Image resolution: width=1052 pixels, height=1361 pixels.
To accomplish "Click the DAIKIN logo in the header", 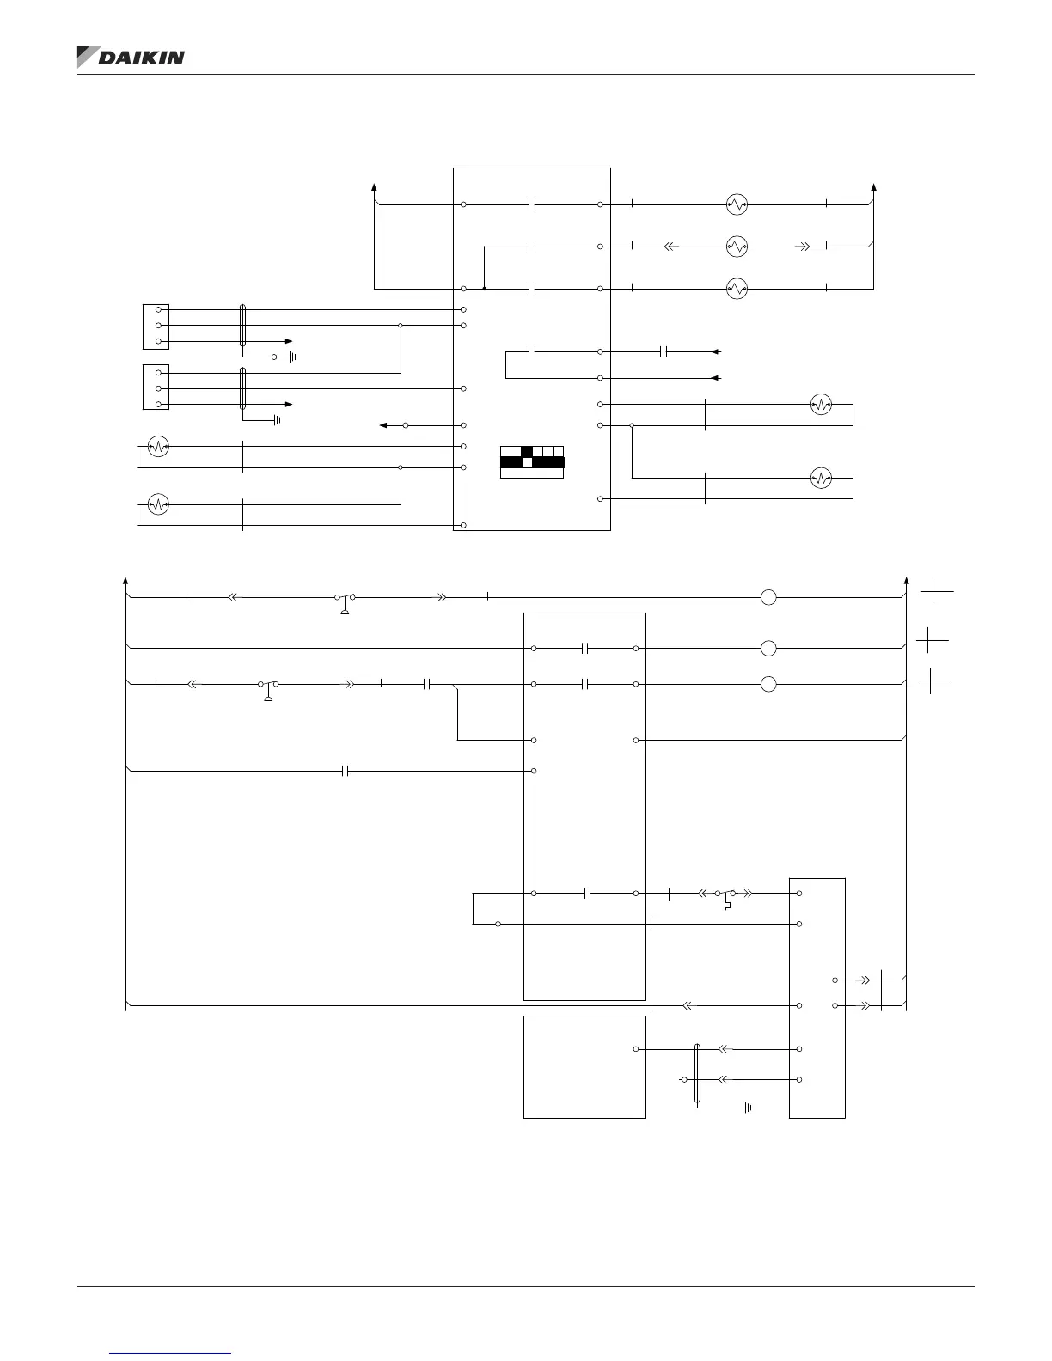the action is pos(131,57).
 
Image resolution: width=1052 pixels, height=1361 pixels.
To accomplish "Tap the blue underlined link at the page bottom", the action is pos(171,1353).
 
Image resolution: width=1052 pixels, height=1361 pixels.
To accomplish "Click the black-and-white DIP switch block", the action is pos(532,462).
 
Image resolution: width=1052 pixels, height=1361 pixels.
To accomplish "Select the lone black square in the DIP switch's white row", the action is pos(528,451).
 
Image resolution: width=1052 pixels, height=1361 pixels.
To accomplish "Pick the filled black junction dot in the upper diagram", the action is pos(485,289).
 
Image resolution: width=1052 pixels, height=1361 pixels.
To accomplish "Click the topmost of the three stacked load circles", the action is pos(737,204).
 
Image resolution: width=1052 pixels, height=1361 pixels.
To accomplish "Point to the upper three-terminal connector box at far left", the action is pos(156,326).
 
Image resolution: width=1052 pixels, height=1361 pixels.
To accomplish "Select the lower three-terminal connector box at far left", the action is pos(156,388).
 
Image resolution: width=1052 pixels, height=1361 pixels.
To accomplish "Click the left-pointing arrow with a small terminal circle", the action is pos(394,425).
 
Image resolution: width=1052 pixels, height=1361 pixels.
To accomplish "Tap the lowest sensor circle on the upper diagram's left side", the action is pos(158,504).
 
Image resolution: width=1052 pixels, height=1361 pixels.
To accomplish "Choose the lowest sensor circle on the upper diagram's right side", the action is pos(822,479).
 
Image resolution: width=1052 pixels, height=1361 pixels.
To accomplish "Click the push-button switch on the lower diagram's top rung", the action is pos(345,600).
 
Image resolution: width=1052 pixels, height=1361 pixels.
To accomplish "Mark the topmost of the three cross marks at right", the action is pos(938,592).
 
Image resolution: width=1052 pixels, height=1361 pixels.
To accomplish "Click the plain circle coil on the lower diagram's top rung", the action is pos(768,597).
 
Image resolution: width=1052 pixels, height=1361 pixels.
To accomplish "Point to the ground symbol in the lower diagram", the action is pos(748,1108).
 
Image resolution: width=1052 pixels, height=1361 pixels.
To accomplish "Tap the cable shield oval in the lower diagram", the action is pos(697,1073).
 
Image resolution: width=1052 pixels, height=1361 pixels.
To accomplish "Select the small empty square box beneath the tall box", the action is pos(584,1066).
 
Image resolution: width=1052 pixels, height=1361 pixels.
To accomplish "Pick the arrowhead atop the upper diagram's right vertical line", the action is pos(874,186).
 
